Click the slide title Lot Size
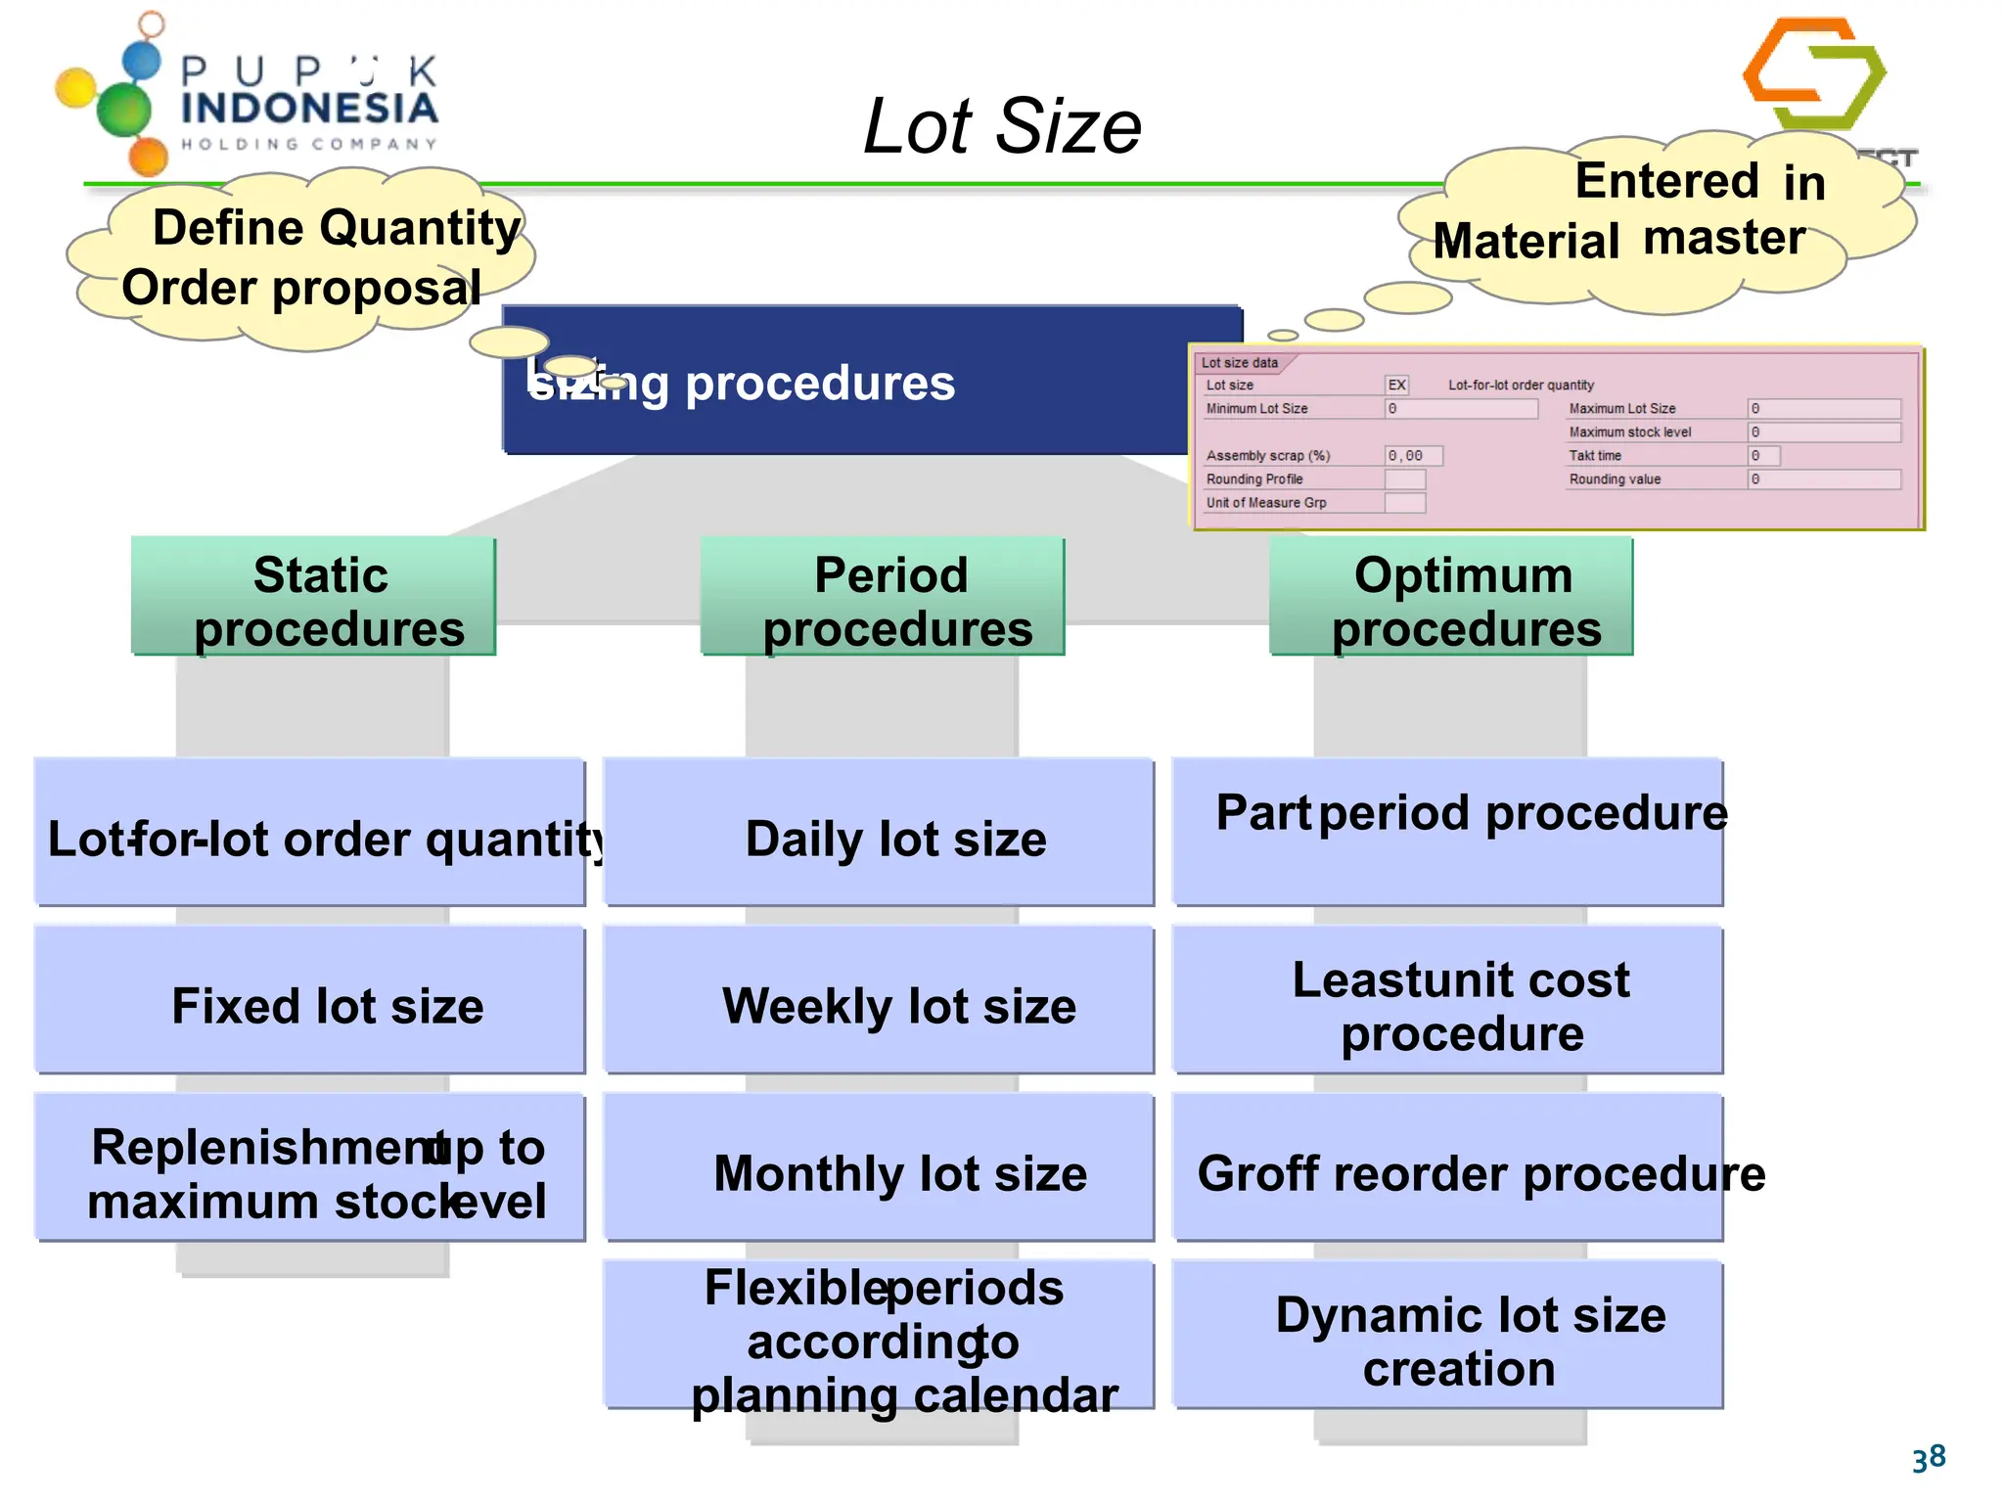[1002, 126]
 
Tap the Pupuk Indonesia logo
[245, 98]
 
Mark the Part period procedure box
[1448, 832]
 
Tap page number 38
[1929, 1459]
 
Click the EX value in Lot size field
[1396, 385]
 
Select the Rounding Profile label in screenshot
[1254, 479]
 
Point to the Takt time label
[1595, 456]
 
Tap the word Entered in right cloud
[1666, 182]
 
